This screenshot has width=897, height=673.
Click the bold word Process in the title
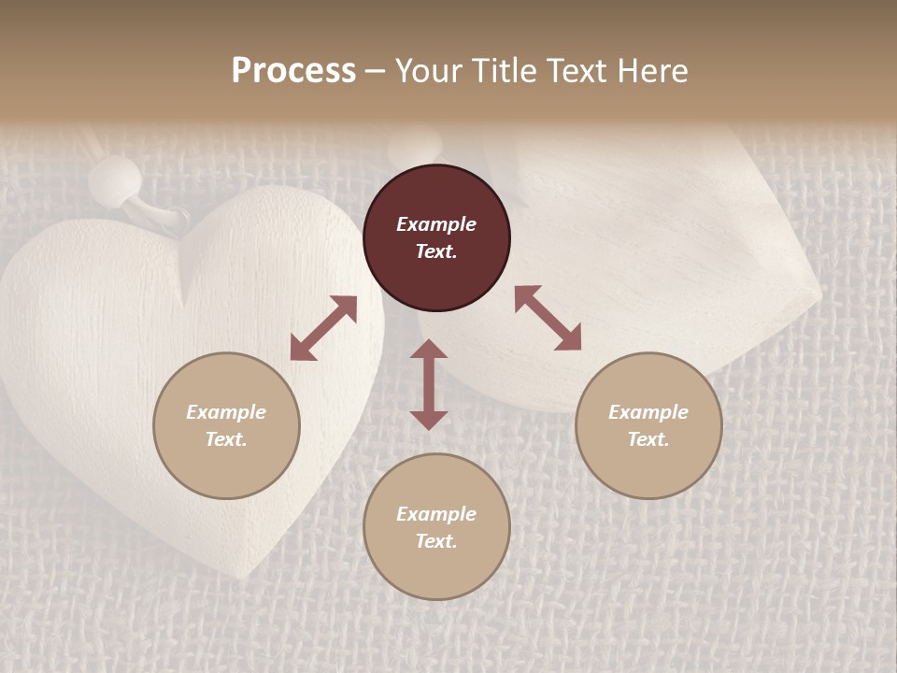(x=293, y=71)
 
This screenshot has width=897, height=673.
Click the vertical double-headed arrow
(x=429, y=384)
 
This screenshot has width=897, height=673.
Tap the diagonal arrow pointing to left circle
(x=323, y=328)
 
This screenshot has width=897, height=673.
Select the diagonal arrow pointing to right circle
(x=548, y=318)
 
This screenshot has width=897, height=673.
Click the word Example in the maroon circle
(x=436, y=224)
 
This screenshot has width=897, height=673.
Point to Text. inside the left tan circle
(x=226, y=439)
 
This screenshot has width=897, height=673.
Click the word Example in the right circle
(x=648, y=412)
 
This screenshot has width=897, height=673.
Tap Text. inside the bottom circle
(x=436, y=541)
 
